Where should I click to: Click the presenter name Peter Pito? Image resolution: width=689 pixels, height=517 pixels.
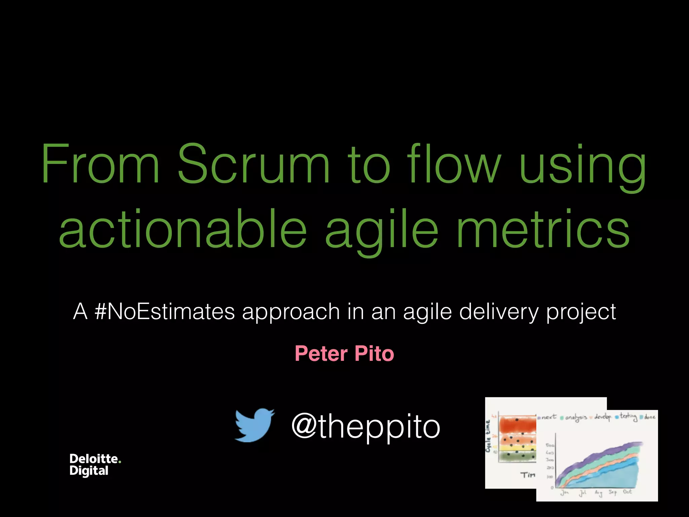pos(344,354)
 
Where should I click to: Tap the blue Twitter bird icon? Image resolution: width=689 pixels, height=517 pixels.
pos(254,425)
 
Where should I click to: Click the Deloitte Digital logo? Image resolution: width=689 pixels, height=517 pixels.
pos(95,464)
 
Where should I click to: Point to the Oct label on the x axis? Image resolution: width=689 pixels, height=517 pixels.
pos(627,492)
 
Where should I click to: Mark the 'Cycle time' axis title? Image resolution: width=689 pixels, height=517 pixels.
pos(488,436)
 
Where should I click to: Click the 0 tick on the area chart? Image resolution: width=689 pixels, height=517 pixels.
pos(552,487)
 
